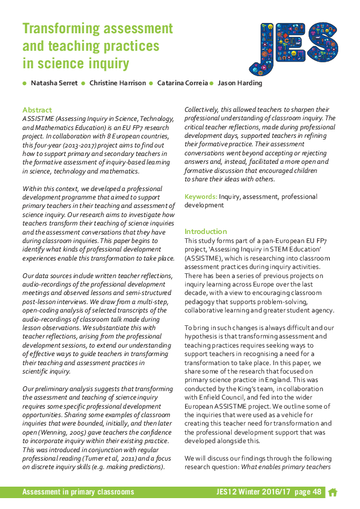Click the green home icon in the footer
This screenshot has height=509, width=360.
pos(332,493)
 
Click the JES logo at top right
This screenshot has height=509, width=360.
pos(293,47)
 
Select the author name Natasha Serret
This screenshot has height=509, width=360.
pos(53,83)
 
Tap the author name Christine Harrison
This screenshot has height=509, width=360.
pos(117,83)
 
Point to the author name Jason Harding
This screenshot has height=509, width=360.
pos(240,83)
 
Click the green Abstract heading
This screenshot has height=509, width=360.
pos(37,110)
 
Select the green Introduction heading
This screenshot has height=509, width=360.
pos(206,232)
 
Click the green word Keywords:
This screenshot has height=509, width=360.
pos(201,196)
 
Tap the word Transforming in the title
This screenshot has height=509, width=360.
pos(61,28)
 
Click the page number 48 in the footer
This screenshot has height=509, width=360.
pos(316,493)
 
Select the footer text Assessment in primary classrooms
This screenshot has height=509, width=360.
pos(78,493)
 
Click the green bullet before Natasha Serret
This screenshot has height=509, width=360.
pos(25,83)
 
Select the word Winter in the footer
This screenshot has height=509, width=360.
pos(256,493)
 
